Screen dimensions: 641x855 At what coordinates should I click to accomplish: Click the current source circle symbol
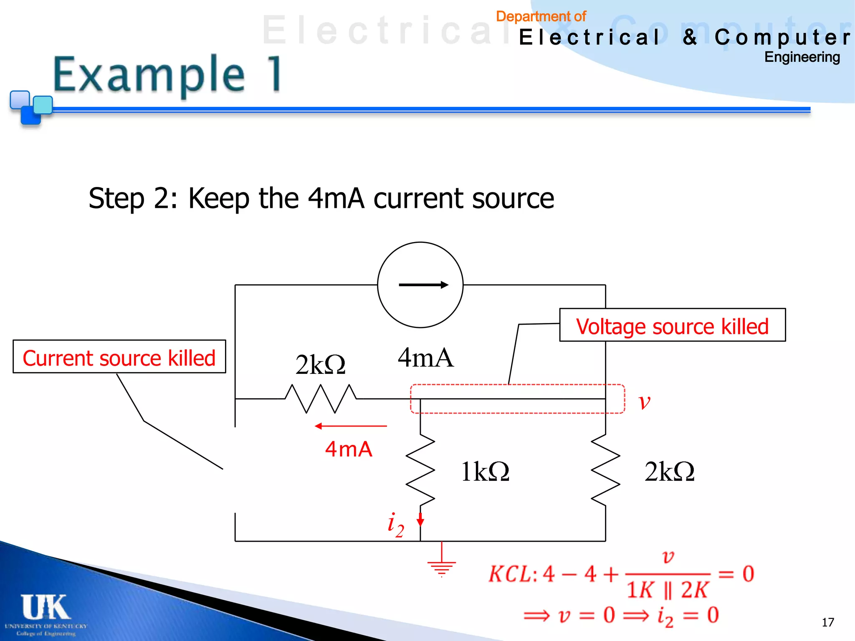tap(420, 285)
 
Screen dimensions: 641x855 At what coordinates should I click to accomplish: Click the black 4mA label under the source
tap(425, 358)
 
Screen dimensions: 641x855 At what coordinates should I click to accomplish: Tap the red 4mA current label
tap(349, 449)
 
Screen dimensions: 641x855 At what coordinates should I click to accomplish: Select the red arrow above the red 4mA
tap(351, 426)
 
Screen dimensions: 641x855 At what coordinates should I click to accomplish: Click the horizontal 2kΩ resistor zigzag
tap(320, 399)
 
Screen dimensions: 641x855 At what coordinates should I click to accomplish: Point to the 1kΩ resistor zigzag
tap(420, 469)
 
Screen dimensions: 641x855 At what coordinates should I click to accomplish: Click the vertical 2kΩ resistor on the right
tap(605, 469)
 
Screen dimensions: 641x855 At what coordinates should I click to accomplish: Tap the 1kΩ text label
tap(485, 472)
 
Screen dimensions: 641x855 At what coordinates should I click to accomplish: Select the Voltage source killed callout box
tap(672, 326)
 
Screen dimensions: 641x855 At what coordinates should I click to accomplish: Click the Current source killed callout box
tap(119, 357)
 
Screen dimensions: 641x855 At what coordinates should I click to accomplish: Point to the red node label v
tap(645, 402)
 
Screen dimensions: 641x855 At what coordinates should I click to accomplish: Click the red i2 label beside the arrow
tap(395, 525)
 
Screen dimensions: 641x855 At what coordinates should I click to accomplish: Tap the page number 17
tap(827, 622)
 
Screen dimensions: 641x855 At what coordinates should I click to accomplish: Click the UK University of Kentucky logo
tap(46, 613)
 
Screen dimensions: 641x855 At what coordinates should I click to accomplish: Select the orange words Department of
tap(541, 16)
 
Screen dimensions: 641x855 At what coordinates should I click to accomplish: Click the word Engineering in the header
tap(802, 57)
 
